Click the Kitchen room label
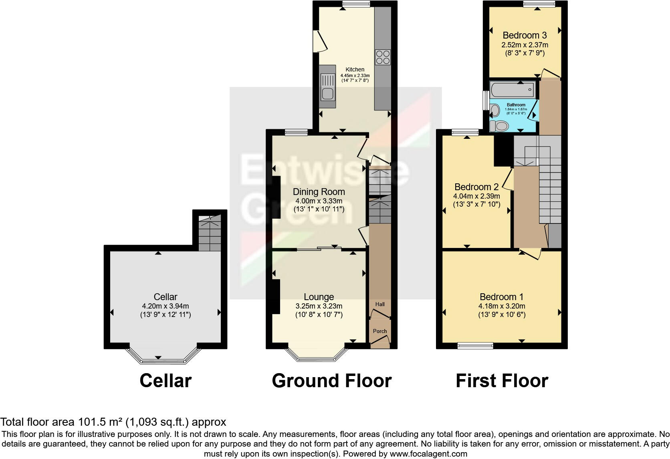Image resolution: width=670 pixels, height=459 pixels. point(355,69)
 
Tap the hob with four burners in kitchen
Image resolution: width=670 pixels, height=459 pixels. point(382,57)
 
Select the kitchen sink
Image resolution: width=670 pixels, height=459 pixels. point(327,87)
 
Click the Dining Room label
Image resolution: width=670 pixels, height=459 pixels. point(319,192)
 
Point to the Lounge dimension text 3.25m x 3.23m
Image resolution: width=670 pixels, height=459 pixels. point(319,306)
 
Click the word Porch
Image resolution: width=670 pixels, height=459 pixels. point(380,331)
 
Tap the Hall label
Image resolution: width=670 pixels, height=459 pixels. point(380,304)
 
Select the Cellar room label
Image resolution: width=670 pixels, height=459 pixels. point(165,297)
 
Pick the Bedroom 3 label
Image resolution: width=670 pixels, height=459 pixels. point(525,35)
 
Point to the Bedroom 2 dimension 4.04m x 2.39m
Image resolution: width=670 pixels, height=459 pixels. point(476,196)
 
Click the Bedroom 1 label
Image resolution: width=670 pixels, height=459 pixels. point(501,297)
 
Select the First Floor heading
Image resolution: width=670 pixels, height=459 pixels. point(502,381)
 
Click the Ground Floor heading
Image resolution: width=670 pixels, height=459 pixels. point(331,381)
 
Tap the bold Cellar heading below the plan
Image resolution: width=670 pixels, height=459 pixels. point(165,381)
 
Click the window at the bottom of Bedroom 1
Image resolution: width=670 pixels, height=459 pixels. point(476,345)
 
